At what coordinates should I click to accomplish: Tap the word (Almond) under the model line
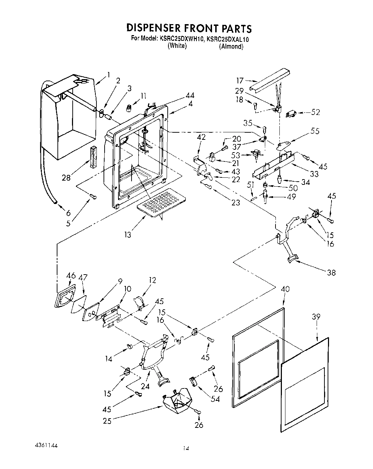[231, 46]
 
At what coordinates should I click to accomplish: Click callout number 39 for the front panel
[316, 316]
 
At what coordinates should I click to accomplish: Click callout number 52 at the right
[315, 112]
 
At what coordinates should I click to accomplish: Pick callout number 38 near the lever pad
[331, 272]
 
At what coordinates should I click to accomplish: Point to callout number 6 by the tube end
[68, 213]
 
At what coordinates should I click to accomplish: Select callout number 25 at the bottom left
[107, 421]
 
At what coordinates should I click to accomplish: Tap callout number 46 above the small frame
[71, 276]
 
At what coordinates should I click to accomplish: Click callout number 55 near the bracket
[314, 131]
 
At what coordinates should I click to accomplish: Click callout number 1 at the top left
[109, 75]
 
